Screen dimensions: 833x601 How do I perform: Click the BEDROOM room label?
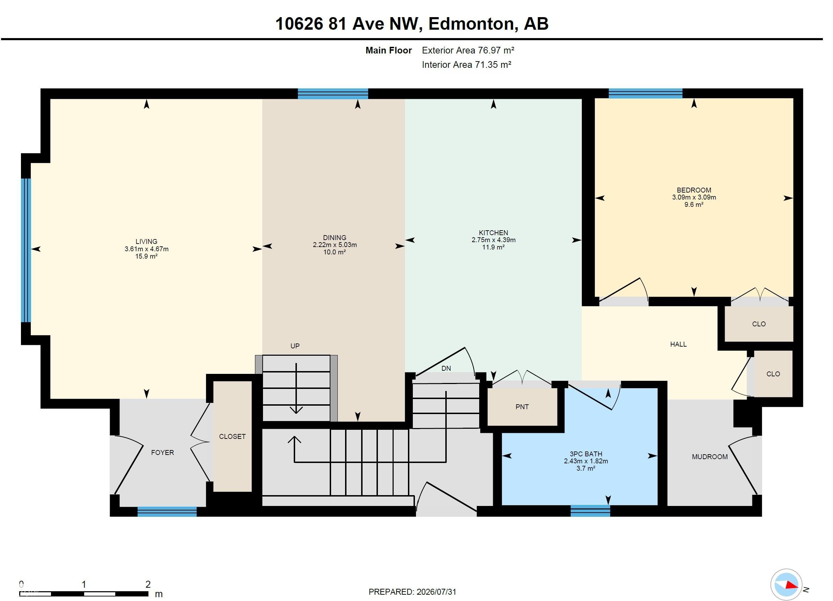(x=694, y=190)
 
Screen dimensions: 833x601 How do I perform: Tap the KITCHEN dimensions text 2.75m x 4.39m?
(x=494, y=240)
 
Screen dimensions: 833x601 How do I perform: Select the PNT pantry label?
(x=522, y=407)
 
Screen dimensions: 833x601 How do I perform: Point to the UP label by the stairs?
(x=295, y=346)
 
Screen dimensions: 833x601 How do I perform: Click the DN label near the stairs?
(x=446, y=368)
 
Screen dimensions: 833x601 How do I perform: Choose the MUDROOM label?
(x=710, y=457)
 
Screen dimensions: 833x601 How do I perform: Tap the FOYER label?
(x=162, y=452)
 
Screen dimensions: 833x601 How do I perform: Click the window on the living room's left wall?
(x=26, y=250)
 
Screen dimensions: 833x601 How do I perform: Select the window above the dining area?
(x=333, y=94)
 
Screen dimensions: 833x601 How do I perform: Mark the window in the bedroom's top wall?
(x=645, y=94)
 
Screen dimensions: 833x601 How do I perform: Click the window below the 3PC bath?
(x=590, y=511)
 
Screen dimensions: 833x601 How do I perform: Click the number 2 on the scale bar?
(x=148, y=584)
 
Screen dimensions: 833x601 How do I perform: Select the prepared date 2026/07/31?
(x=436, y=592)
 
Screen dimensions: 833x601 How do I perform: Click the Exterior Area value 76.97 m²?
(x=496, y=50)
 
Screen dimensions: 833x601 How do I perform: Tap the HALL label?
(x=678, y=344)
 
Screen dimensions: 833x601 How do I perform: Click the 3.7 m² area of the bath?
(x=586, y=468)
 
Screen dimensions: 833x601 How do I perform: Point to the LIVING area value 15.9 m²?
(x=147, y=256)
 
